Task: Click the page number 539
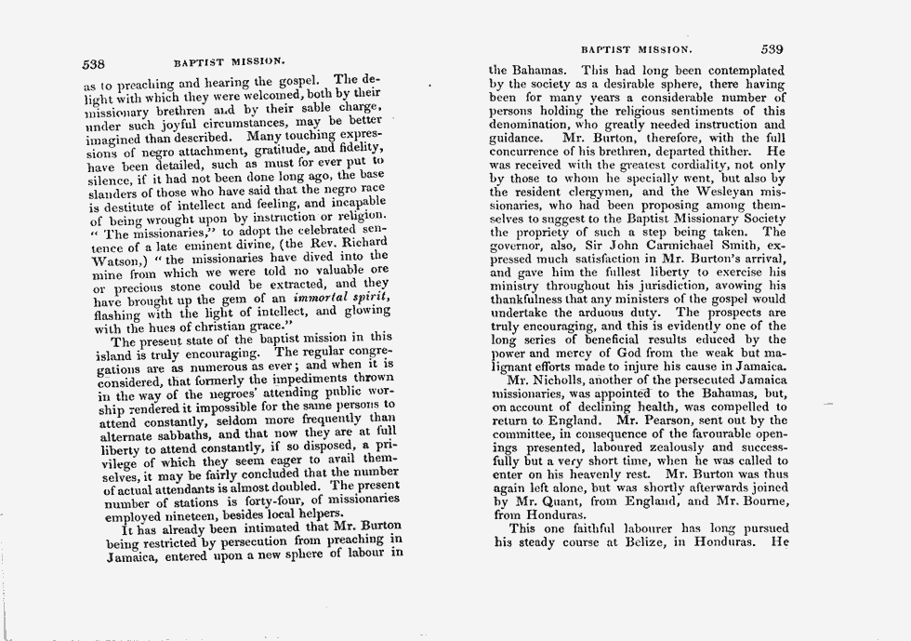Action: (772, 49)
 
